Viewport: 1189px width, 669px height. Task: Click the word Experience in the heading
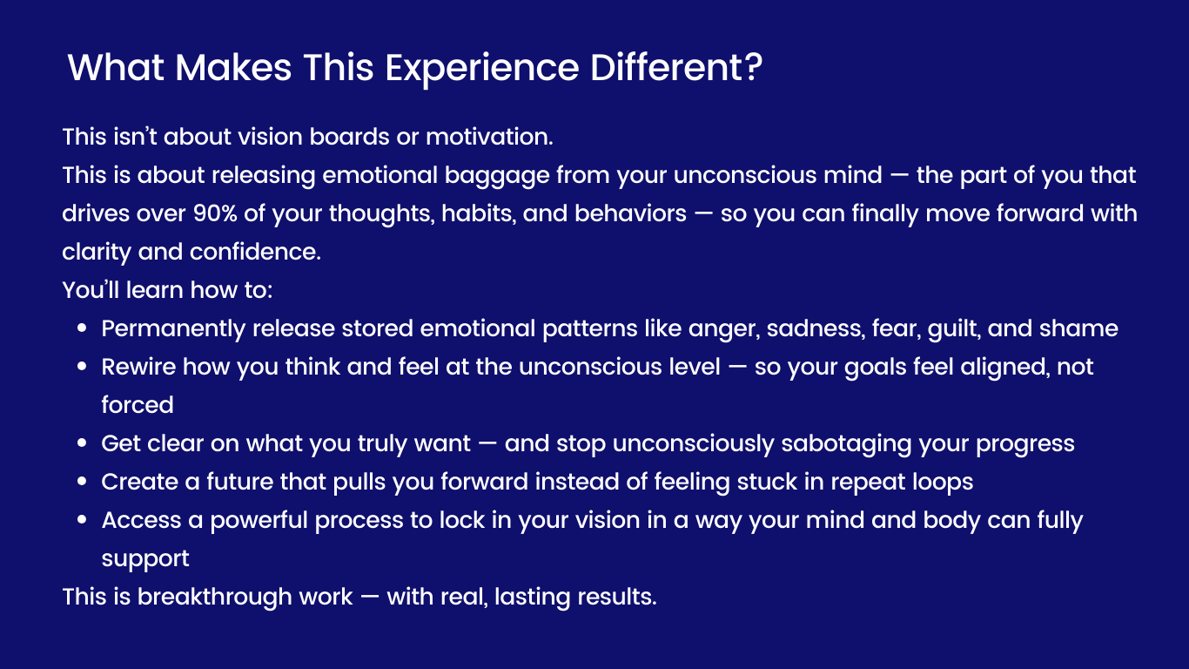click(482, 68)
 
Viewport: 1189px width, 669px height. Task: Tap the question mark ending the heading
click(752, 68)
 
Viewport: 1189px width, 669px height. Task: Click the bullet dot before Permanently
click(82, 329)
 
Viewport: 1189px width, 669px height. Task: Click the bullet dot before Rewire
click(82, 368)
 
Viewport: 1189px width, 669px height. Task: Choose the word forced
click(138, 405)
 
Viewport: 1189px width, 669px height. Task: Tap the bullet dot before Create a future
click(82, 483)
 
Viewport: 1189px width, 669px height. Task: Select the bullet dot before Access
click(82, 521)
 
